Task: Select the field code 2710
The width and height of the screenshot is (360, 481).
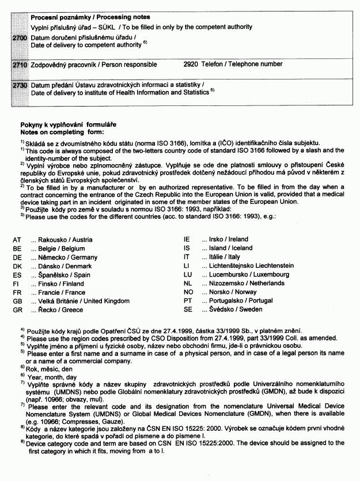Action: point(20,65)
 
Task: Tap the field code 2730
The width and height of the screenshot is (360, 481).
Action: point(20,85)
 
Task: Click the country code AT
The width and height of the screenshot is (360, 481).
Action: point(17,240)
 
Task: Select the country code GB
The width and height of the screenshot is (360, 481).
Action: point(17,301)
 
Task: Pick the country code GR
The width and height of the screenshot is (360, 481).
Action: point(17,310)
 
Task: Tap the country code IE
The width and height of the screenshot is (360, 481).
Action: point(186,239)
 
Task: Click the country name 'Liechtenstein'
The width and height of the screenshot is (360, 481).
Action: point(269,266)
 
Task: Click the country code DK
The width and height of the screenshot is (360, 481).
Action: point(17,266)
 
